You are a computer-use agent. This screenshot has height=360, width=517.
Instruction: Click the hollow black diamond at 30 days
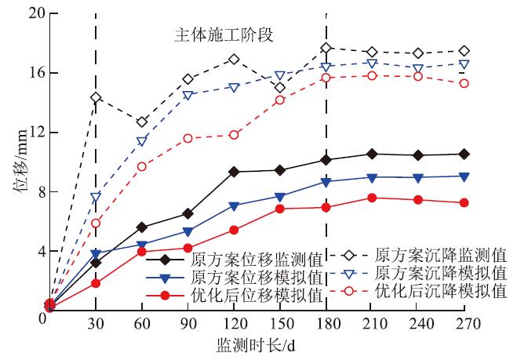pos(96,98)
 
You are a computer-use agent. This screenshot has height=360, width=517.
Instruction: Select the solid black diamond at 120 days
pos(234,171)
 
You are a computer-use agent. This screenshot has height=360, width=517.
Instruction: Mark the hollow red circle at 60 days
pos(142,166)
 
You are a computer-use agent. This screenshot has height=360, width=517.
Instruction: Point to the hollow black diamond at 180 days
pos(326,49)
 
